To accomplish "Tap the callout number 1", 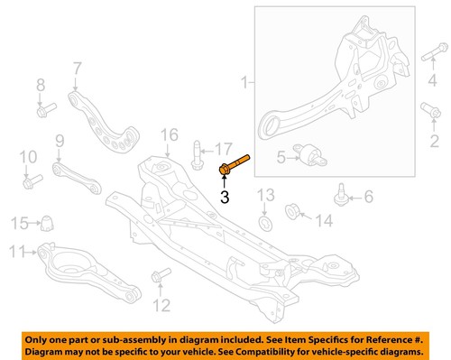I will [244, 84].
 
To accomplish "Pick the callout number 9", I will [59, 140].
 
